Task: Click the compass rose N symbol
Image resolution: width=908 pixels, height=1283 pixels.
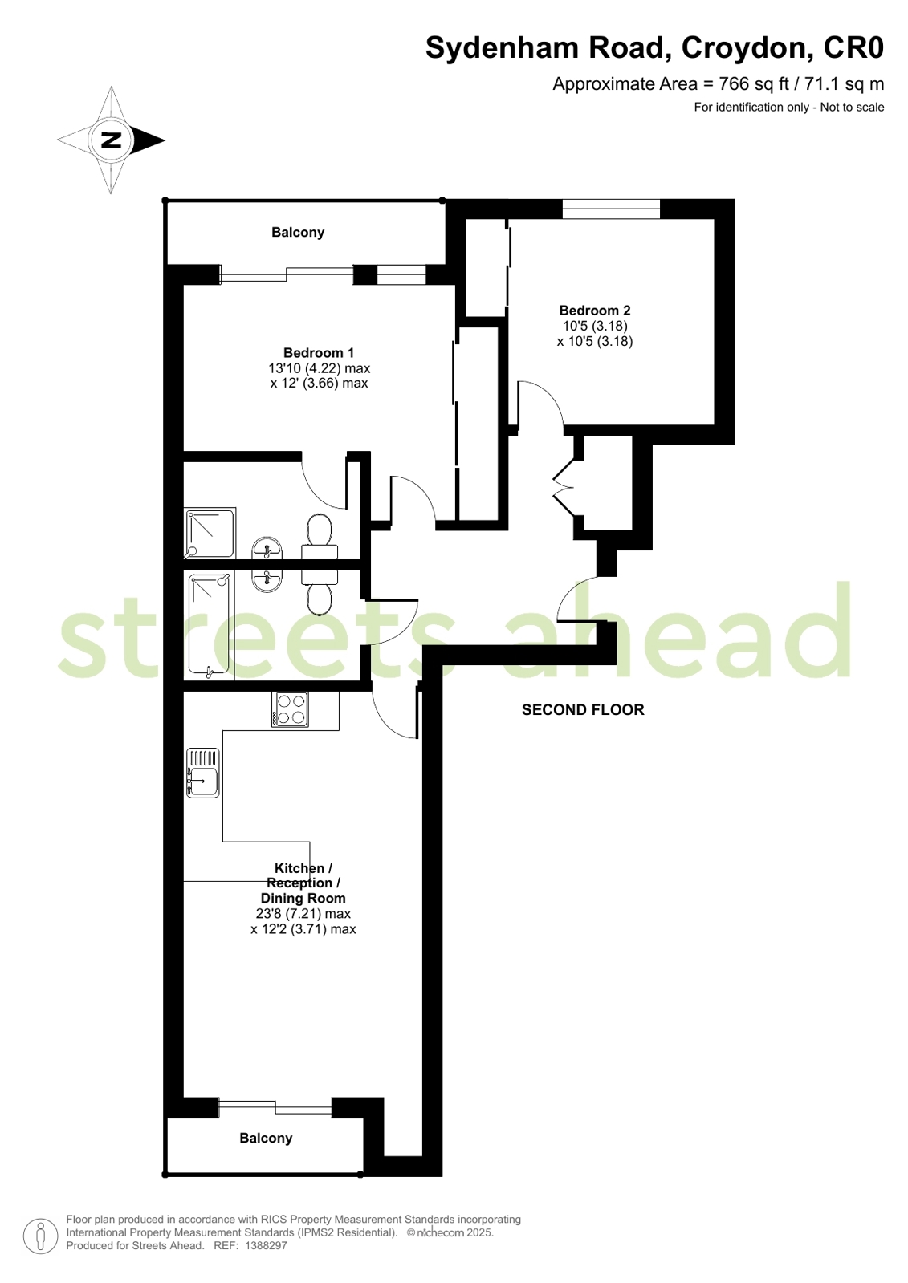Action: click(x=111, y=140)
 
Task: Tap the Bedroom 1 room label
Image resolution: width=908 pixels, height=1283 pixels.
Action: click(x=318, y=353)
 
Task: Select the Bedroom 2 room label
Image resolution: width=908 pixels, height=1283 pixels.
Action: click(x=594, y=311)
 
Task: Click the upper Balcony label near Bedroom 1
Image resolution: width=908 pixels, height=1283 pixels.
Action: click(x=297, y=233)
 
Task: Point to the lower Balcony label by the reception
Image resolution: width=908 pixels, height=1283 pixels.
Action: click(x=266, y=1138)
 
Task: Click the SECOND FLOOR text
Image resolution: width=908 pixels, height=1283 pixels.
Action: click(x=583, y=709)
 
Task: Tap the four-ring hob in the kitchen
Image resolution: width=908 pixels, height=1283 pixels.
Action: click(x=290, y=708)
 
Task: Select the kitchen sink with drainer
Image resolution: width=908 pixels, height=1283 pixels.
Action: click(x=202, y=773)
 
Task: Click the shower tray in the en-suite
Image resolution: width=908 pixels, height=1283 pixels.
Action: click(x=210, y=534)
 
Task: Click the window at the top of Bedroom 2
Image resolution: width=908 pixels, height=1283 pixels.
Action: click(x=611, y=209)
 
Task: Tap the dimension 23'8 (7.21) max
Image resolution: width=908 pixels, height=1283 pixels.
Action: click(x=303, y=914)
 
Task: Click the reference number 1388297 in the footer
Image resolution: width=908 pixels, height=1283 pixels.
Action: click(x=266, y=1246)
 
